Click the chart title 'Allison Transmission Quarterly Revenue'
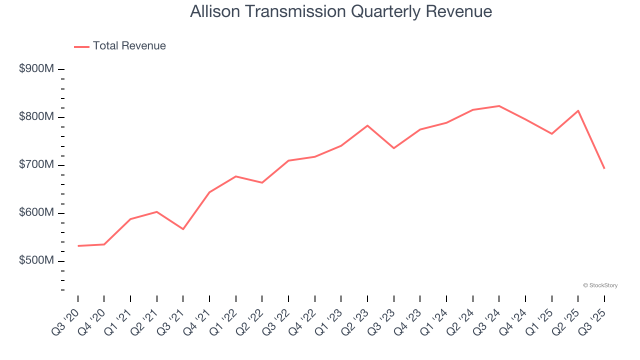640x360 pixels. point(341,11)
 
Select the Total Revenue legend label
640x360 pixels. point(129,46)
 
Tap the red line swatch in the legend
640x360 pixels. point(81,46)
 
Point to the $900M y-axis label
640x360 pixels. point(36,69)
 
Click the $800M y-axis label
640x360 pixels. point(36,117)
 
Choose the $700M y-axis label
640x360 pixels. point(36,165)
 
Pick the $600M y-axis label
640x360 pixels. point(36,213)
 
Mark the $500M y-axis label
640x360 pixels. point(36,261)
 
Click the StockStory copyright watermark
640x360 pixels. point(600,285)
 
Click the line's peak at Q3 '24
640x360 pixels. point(499,106)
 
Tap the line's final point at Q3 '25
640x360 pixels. point(604,168)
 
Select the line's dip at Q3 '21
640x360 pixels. point(183,229)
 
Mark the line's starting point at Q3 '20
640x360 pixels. point(78,246)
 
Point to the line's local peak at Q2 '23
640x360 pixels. point(367,125)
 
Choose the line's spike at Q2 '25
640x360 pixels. point(578,110)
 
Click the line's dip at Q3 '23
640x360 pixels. point(393,148)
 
